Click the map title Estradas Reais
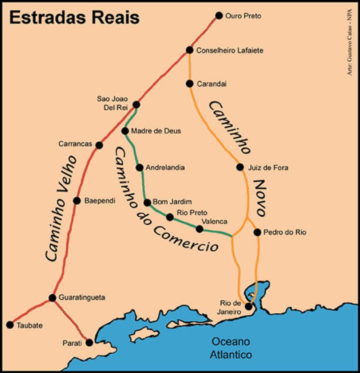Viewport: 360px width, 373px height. coord(74,17)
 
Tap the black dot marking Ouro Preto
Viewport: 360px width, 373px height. coord(219,15)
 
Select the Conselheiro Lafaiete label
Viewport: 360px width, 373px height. coord(229,51)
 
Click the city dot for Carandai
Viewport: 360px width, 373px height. coord(189,84)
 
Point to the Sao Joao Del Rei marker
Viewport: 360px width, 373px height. coord(136,105)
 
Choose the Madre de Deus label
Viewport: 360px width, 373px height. coord(156,131)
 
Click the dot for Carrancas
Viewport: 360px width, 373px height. coord(99,145)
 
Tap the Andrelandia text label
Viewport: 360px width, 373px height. coord(165,168)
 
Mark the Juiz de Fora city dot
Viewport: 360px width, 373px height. coord(240,167)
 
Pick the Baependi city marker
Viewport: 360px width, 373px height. coord(77,201)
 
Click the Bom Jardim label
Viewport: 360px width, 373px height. coord(172,202)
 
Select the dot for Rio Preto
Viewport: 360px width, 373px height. coord(170,217)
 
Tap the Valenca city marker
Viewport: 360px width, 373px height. coord(199,229)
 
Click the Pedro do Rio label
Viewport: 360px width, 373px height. coord(279,232)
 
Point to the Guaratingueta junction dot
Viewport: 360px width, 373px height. coord(52,298)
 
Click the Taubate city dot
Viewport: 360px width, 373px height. coord(10,325)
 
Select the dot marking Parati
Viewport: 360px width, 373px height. coord(89,342)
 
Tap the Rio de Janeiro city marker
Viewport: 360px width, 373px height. coord(249,306)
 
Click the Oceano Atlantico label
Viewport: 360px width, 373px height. coord(232,348)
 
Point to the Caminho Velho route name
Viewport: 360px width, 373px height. coord(61,209)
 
